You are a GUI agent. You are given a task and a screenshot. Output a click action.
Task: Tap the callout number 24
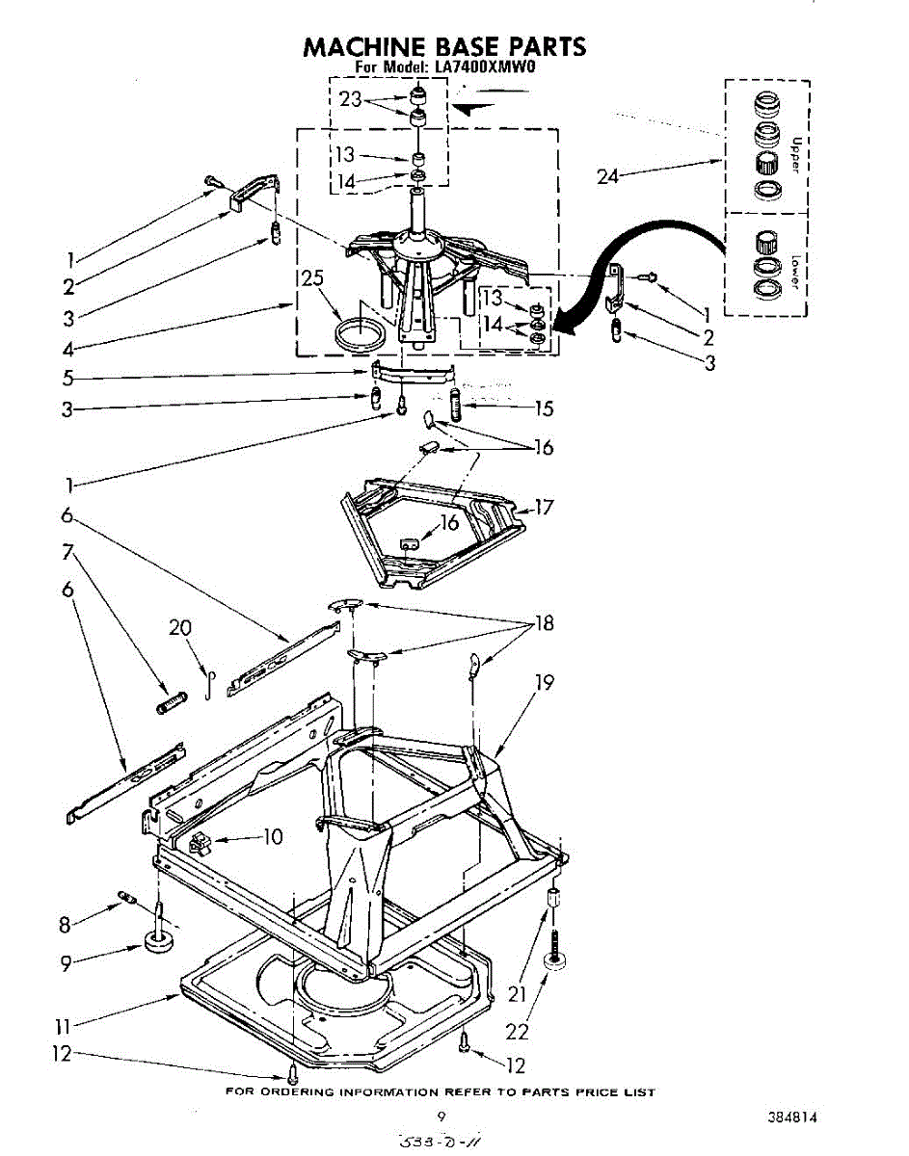point(607,176)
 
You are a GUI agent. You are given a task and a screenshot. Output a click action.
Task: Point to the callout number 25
point(310,279)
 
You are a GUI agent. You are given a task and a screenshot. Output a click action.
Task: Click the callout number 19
point(545,682)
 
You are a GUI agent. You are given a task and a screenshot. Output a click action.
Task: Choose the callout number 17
point(544,507)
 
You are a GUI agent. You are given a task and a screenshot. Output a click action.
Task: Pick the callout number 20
point(180,628)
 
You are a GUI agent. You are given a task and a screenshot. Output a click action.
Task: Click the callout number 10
point(273,837)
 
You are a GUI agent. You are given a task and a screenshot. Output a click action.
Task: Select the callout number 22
point(518,1031)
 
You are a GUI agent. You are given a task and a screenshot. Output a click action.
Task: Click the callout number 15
point(544,408)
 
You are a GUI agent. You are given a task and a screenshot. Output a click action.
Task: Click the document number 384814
point(793,1118)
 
